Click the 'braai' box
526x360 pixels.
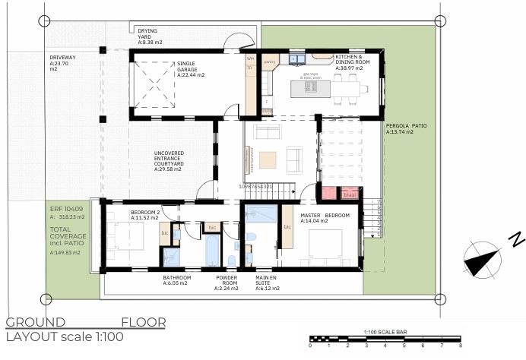tap(349, 193)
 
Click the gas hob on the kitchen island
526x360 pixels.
tap(309, 87)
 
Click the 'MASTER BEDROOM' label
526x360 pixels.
tap(325, 219)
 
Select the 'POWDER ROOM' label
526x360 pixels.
tap(227, 283)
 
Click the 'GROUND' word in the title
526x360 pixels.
tap(36, 322)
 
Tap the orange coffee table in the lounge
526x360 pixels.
tap(268, 159)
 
